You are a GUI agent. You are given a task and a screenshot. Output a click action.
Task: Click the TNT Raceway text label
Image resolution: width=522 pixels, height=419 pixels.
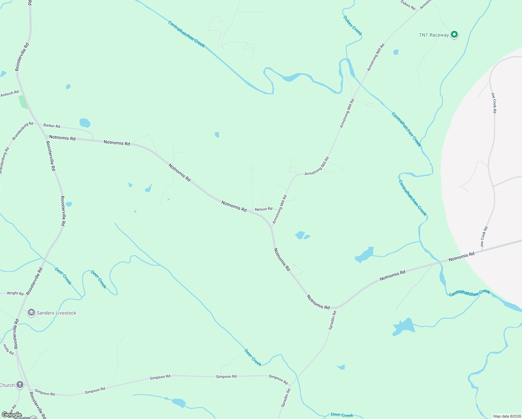click(x=434, y=35)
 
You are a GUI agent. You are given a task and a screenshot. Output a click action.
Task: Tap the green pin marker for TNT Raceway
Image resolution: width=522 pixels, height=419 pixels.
click(x=454, y=34)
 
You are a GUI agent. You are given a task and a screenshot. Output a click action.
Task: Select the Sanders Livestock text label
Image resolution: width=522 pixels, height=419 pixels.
click(x=56, y=313)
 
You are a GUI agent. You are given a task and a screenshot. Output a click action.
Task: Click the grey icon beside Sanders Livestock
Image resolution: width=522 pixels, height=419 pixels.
click(x=31, y=313)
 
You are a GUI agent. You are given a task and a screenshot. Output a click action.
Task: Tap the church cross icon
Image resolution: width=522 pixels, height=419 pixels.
click(x=20, y=385)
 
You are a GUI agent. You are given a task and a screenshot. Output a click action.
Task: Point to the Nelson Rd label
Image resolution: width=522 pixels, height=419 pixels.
click(x=263, y=209)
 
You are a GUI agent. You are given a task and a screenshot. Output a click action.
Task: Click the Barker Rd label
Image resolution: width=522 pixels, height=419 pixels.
click(x=52, y=126)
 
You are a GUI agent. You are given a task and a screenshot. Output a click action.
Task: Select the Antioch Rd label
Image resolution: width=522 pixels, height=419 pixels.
click(x=9, y=94)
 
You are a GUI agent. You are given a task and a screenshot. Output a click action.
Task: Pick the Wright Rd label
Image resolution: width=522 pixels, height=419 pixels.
click(x=15, y=293)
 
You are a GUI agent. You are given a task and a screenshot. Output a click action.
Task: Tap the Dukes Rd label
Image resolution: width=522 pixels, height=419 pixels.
click(x=408, y=5)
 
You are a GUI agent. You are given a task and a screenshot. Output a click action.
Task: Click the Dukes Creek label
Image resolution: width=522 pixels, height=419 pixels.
click(x=352, y=25)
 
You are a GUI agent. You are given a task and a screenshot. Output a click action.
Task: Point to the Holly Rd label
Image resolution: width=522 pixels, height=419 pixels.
click(x=8, y=350)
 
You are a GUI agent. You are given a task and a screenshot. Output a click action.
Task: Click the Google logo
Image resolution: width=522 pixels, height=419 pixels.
click(x=12, y=415)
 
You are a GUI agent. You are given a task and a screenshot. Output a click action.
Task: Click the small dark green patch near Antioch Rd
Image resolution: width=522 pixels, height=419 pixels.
click(x=23, y=102)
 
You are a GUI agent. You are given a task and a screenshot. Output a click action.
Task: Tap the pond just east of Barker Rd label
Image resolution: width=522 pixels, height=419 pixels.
click(x=85, y=123)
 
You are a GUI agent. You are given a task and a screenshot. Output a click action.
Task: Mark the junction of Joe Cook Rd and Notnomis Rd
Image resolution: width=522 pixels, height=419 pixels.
click(x=482, y=250)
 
